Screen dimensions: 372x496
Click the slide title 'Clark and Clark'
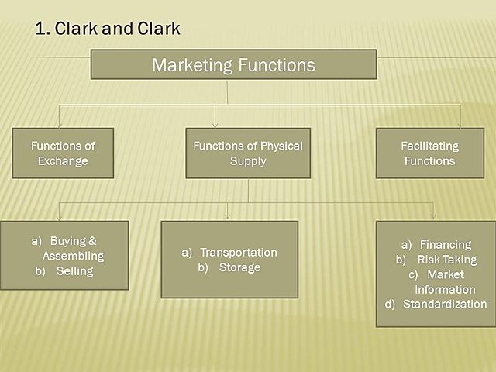(116, 29)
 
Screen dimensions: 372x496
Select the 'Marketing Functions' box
(233, 64)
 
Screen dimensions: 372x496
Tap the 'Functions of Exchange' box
(63, 153)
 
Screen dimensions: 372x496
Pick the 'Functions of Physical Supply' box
(248, 153)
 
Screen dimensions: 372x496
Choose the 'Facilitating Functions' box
(429, 153)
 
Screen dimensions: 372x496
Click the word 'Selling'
(74, 271)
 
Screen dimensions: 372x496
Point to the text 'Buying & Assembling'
(73, 249)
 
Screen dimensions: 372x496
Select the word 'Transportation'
(238, 253)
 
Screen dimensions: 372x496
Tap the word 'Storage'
(239, 267)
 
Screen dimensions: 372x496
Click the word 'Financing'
(445, 245)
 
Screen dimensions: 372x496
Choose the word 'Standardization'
(445, 304)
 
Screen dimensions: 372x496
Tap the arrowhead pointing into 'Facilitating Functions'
(460, 124)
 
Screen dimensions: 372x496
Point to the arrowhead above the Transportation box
(227, 216)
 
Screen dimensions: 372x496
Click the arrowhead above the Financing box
(432, 216)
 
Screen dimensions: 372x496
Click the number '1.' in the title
(43, 29)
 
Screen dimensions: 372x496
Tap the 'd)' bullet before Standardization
(390, 304)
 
